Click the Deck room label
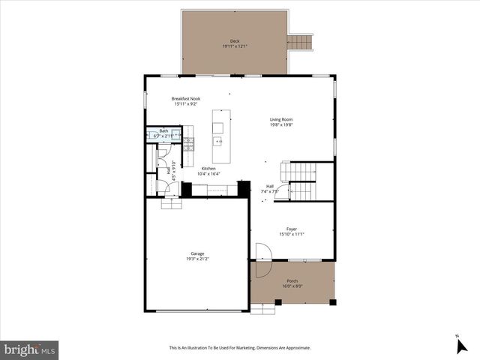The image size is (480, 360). (235, 41)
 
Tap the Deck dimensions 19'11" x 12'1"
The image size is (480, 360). (235, 46)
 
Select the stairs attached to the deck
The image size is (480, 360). (298, 41)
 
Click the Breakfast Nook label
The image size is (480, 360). (185, 98)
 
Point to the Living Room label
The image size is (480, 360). (281, 119)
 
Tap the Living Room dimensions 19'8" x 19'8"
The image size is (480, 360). (281, 125)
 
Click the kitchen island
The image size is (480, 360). (220, 129)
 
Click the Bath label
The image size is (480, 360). (163, 131)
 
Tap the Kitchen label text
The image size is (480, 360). (208, 169)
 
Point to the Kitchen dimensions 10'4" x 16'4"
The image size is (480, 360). (208, 174)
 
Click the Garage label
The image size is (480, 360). (196, 254)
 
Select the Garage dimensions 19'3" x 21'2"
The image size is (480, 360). (196, 260)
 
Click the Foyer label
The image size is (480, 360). (291, 229)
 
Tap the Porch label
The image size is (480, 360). (292, 281)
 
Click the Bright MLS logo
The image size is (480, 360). (30, 349)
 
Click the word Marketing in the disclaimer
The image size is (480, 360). (257, 348)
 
